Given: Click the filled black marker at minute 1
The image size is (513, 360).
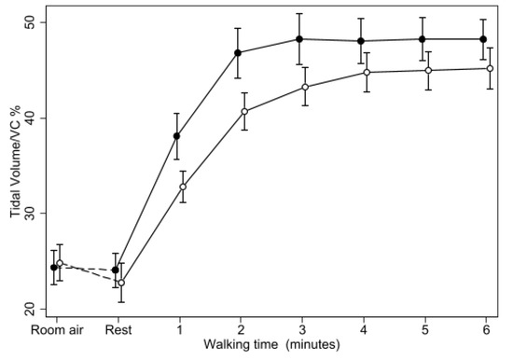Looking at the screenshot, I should (177, 136).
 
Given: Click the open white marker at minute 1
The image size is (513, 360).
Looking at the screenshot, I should (183, 187).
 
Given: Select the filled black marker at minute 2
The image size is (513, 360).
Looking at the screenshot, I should (238, 53).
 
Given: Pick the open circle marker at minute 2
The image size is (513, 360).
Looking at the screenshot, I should (244, 112).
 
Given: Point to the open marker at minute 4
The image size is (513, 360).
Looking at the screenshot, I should (367, 73).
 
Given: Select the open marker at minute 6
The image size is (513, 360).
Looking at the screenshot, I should (490, 69).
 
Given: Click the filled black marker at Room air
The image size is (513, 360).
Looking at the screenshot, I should (54, 268).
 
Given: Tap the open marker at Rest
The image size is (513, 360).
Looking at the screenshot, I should (121, 283).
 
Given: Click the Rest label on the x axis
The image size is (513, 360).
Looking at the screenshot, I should (117, 331).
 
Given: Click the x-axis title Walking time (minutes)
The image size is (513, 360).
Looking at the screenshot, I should (273, 346).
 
